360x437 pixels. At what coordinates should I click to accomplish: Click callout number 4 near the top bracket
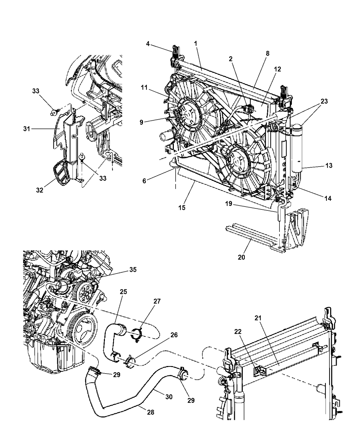click(x=147, y=44)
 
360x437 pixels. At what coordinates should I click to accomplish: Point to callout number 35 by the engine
click(x=132, y=270)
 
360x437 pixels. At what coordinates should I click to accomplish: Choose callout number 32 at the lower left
click(x=40, y=190)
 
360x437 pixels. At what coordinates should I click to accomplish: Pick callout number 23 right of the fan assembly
click(x=324, y=101)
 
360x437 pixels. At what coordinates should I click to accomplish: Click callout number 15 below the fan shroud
click(x=182, y=208)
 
